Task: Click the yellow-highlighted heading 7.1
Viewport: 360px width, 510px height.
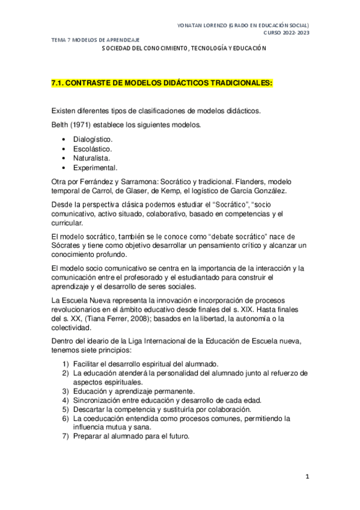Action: (x=162, y=85)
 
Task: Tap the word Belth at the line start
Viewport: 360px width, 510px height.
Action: (x=60, y=125)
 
